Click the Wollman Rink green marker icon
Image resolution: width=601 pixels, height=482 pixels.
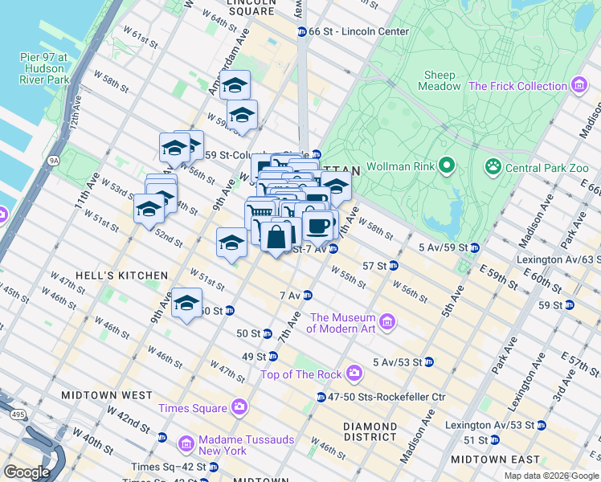[448, 167]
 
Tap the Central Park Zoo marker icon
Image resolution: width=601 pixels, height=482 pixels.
[492, 167]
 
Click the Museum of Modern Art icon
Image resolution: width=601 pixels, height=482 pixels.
[387, 322]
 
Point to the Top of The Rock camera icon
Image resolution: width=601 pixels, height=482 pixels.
[354, 374]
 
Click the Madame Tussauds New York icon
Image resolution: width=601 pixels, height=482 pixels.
[186, 443]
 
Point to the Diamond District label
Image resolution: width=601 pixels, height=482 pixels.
[370, 431]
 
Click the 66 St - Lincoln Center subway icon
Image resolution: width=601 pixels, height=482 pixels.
[301, 31]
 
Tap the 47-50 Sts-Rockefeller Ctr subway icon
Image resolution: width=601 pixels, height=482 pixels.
[321, 397]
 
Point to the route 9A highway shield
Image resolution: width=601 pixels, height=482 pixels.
[54, 161]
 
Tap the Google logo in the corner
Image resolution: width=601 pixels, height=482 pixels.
[26, 472]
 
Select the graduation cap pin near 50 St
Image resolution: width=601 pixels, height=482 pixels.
[186, 304]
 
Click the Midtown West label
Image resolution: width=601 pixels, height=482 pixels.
[107, 395]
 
